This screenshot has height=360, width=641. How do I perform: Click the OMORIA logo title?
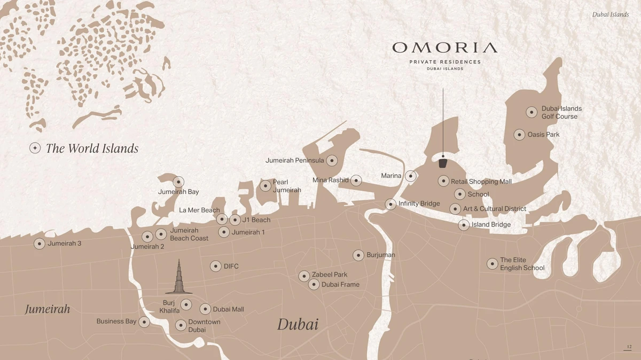444,48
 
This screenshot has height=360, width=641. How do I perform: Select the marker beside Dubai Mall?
205,309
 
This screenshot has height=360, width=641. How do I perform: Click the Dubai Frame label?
340,285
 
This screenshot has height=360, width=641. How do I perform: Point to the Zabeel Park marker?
304,276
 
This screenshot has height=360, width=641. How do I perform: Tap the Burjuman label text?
381,255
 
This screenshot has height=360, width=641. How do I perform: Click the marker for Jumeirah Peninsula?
332,160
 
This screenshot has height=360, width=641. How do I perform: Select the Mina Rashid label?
330,180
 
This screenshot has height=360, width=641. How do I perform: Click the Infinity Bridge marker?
390,204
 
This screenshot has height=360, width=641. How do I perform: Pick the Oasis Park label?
543,135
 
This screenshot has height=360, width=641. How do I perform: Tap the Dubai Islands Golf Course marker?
531,112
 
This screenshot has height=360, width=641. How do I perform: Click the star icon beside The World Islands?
35,148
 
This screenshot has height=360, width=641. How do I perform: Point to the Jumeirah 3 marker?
39,244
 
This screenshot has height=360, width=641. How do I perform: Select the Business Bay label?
116,322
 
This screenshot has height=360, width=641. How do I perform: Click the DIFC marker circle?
215,266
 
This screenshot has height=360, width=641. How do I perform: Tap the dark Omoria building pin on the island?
443,162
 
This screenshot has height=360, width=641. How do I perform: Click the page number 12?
629,347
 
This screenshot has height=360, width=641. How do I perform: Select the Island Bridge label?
491,225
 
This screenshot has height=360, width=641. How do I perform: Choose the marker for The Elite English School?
492,264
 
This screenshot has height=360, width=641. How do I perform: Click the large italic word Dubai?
298,324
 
